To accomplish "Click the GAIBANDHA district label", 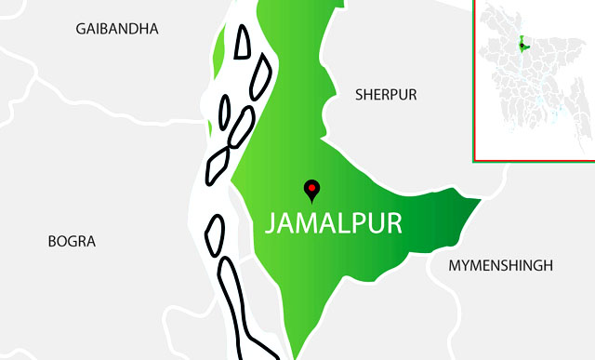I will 117,29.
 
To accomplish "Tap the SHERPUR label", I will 386,95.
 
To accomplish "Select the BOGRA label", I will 72,241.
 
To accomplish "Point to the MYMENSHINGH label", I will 500,265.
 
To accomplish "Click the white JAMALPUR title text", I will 333,224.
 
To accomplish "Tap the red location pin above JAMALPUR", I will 312,190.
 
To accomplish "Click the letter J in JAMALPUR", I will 271,224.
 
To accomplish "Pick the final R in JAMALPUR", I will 393,224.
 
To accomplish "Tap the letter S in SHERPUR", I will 360,95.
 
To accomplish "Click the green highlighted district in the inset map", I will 525,45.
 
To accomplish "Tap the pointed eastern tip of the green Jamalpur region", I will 478,200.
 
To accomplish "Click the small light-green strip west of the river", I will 218,51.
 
